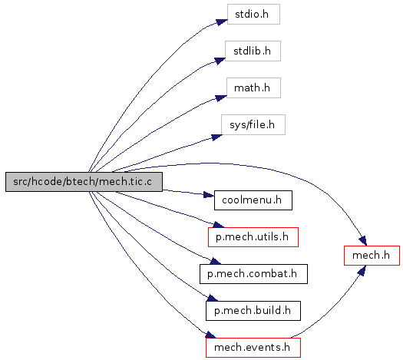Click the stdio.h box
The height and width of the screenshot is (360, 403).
pyautogui.click(x=253, y=14)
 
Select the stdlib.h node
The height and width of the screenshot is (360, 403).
pyautogui.click(x=253, y=51)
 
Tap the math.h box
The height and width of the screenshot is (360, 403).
pyautogui.click(x=253, y=88)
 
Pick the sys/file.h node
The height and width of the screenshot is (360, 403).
pyautogui.click(x=253, y=124)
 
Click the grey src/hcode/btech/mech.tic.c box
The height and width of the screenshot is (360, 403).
pyautogui.click(x=84, y=182)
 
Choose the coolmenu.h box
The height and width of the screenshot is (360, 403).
pyautogui.click(x=253, y=200)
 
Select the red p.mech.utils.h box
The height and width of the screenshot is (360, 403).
pyautogui.click(x=253, y=237)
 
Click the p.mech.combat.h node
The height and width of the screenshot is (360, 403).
pyautogui.click(x=253, y=274)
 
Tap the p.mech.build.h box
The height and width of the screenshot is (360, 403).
pyautogui.click(x=253, y=311)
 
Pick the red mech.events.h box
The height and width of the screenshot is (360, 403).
pyautogui.click(x=253, y=348)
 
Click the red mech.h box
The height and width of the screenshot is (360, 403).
pyautogui.click(x=372, y=256)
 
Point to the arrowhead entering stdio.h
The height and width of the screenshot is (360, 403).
pyautogui.click(x=222, y=22)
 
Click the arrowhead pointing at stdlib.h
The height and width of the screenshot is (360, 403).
pyautogui.click(x=220, y=61)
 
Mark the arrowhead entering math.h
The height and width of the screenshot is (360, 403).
pyautogui.click(x=221, y=98)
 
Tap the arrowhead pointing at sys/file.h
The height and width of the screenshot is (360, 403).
pyautogui.click(x=216, y=137)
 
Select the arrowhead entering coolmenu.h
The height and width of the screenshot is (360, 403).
pyautogui.click(x=209, y=195)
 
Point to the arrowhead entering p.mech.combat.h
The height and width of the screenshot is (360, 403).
pyautogui.click(x=215, y=261)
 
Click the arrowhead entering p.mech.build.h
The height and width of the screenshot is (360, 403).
pyautogui.click(x=213, y=298)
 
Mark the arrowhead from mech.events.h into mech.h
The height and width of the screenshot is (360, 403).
pyautogui.click(x=362, y=271)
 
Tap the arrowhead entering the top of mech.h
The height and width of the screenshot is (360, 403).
pyautogui.click(x=363, y=240)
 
